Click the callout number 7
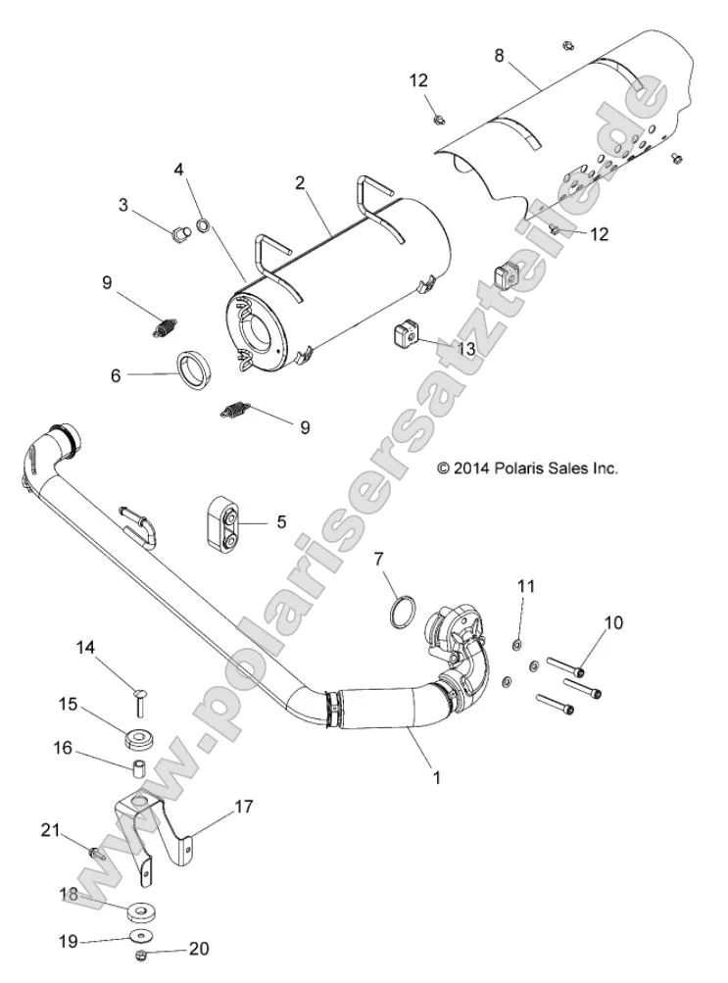pyautogui.click(x=379, y=560)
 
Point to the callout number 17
pyautogui.click(x=243, y=807)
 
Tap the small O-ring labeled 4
pyautogui.click(x=203, y=226)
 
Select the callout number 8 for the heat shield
pyautogui.click(x=499, y=55)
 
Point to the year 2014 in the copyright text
pyautogui.click(x=470, y=468)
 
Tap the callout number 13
pyautogui.click(x=465, y=348)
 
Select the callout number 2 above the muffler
pyautogui.click(x=300, y=183)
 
